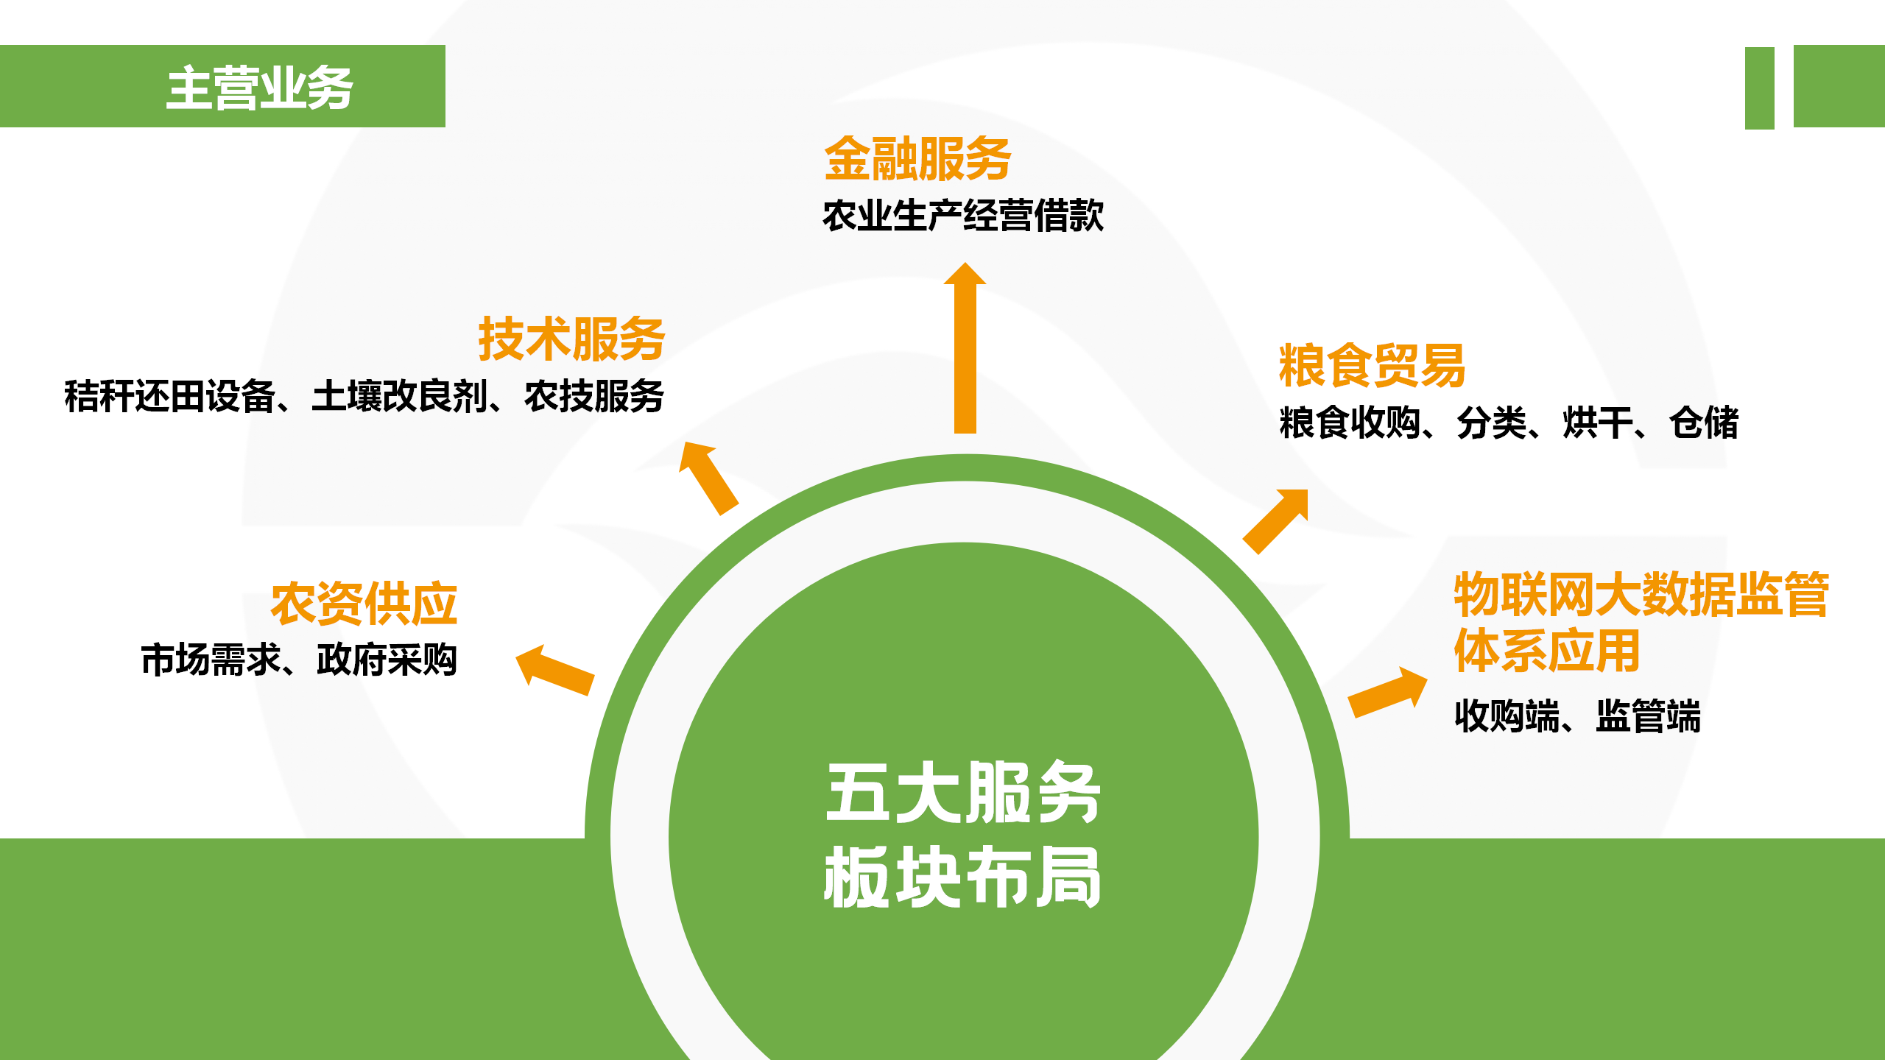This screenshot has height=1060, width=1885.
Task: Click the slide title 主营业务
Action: pyautogui.click(x=260, y=88)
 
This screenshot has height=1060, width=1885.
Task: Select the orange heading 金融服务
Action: pyautogui.click(x=917, y=158)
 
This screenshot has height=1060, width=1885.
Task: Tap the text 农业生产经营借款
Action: pyautogui.click(x=963, y=216)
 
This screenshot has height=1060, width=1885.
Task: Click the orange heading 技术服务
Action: pyautogui.click(x=571, y=339)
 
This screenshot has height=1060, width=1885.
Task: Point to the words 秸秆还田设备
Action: pyautogui.click(x=169, y=396)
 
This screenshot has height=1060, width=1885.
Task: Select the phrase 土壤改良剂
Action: pyautogui.click(x=399, y=396)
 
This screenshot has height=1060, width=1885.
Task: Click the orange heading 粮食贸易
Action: pyautogui.click(x=1372, y=365)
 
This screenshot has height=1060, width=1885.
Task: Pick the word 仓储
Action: pyautogui.click(x=1704, y=423)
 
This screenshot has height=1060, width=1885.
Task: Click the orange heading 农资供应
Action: pyautogui.click(x=364, y=604)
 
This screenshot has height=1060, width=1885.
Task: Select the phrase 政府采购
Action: pyautogui.click(x=387, y=660)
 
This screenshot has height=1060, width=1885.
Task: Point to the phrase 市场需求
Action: pyautogui.click(x=211, y=660)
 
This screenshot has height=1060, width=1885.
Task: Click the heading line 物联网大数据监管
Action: pyautogui.click(x=1641, y=594)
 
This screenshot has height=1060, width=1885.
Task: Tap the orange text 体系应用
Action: pyautogui.click(x=1547, y=651)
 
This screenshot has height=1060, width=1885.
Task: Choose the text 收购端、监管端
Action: pyautogui.click(x=1578, y=716)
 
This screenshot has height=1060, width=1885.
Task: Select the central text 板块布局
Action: pyautogui.click(x=964, y=877)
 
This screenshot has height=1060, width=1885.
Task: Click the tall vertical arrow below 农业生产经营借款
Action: pyautogui.click(x=965, y=347)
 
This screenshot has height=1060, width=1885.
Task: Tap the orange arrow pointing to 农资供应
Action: pyautogui.click(x=555, y=670)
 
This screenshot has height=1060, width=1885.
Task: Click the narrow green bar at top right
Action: pyautogui.click(x=1760, y=88)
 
